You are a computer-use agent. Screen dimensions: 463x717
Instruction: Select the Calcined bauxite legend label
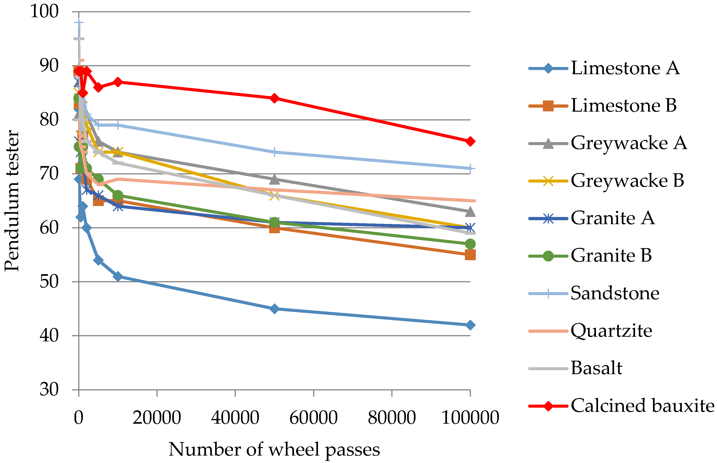point(642,406)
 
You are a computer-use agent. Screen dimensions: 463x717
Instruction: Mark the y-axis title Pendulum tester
point(12,200)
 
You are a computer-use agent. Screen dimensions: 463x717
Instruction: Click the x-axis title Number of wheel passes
point(274,450)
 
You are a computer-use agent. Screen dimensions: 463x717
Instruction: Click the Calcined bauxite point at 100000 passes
point(470,141)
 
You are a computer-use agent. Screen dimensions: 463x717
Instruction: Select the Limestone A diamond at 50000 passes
point(274,309)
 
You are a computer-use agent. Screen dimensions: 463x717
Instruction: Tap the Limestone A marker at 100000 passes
point(470,325)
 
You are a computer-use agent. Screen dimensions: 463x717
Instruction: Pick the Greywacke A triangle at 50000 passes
point(274,180)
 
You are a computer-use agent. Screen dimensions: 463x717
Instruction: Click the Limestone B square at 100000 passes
point(470,255)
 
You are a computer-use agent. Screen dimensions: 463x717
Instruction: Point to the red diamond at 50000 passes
point(274,98)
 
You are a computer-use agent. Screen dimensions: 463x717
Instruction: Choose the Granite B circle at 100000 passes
point(470,244)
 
